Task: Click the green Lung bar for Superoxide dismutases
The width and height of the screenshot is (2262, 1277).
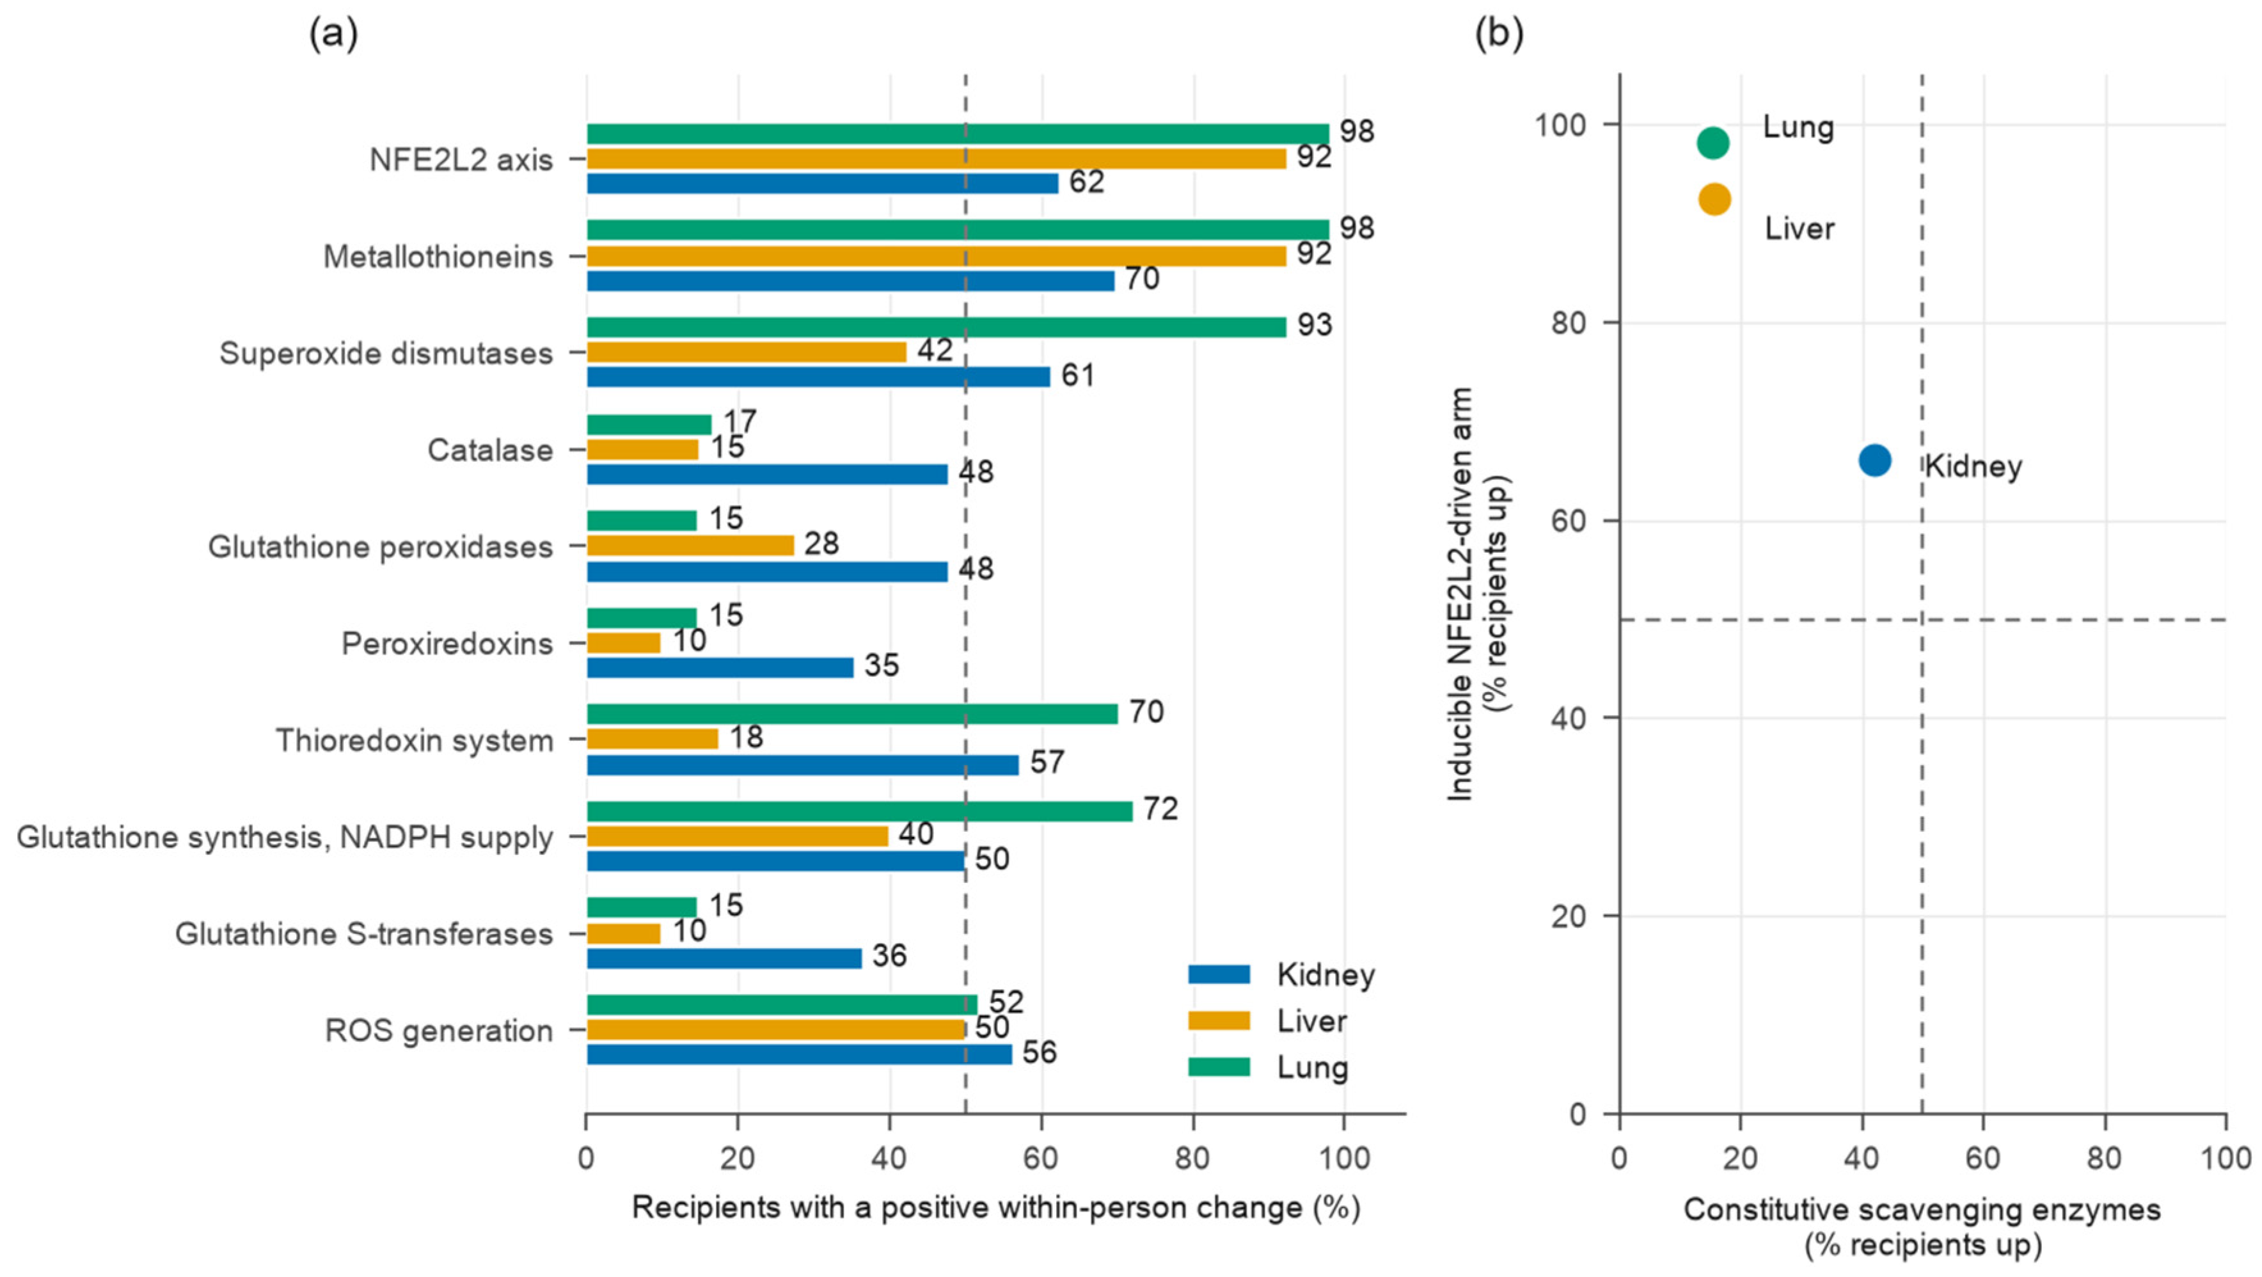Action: [936, 327]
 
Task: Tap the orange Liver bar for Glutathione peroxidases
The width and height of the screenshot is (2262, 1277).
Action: [690, 545]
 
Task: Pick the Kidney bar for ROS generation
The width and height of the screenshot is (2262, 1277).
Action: [799, 1054]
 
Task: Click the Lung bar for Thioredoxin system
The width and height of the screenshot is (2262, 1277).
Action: [851, 714]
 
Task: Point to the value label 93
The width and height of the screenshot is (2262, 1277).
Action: [1315, 325]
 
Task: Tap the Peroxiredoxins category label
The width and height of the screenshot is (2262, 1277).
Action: [447, 644]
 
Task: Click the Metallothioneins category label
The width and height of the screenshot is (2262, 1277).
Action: [438, 257]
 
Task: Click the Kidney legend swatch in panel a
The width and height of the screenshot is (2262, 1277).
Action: [1219, 974]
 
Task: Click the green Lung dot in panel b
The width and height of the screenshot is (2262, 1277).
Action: [1713, 142]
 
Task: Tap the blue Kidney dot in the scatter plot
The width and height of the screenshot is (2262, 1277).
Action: [1875, 460]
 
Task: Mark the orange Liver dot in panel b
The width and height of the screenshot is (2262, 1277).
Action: [1714, 200]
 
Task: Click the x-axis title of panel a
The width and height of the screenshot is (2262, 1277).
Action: [996, 1208]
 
